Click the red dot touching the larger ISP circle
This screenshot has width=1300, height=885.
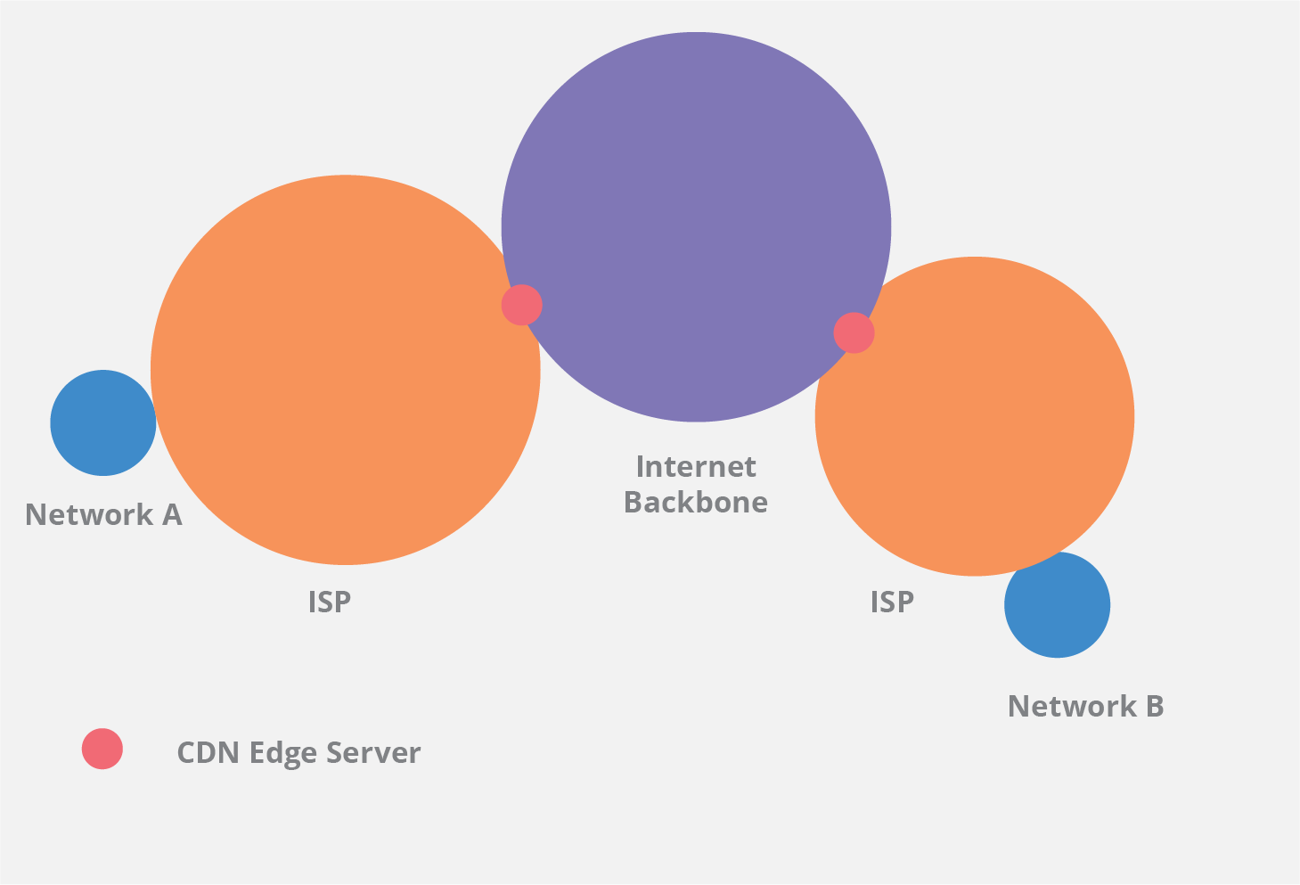click(521, 305)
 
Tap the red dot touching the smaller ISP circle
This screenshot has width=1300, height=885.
click(854, 332)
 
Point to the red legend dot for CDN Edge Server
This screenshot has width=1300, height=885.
click(102, 749)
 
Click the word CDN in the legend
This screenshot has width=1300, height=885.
click(208, 753)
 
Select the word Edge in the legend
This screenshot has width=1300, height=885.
click(283, 754)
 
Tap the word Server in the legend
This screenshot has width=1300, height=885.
click(373, 753)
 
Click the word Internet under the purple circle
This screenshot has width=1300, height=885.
click(696, 467)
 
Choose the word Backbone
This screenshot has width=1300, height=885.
click(696, 503)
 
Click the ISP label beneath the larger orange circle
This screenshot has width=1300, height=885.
click(330, 602)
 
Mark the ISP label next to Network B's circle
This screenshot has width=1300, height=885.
click(892, 602)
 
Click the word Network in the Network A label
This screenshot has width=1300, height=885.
click(88, 515)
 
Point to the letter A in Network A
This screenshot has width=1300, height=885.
click(172, 515)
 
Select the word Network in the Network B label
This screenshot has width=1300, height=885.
click(1072, 707)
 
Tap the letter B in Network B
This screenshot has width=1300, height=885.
click(1155, 707)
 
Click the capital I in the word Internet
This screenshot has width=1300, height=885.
click(641, 467)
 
